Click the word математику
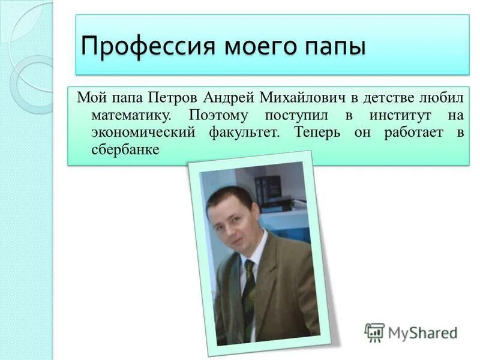pos(134,115)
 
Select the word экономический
pos(143,132)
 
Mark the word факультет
pos(243,132)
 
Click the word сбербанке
pos(125,149)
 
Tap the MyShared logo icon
pos(374,332)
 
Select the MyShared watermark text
pos(423,332)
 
